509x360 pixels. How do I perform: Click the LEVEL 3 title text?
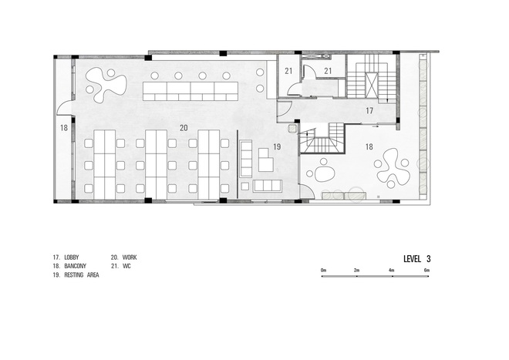[x=417, y=259]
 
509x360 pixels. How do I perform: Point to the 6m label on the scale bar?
[x=427, y=270]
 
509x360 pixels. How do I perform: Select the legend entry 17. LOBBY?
[x=66, y=257]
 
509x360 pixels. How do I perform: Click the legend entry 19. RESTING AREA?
[x=76, y=275]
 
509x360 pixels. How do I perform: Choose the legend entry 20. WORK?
[x=123, y=257]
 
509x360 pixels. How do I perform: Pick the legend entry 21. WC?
[x=121, y=266]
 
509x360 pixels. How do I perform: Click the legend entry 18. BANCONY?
[x=69, y=266]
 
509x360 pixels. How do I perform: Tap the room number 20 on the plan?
[x=184, y=128]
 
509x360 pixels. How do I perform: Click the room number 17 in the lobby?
[x=369, y=111]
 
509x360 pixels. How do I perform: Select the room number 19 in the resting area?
[x=277, y=146]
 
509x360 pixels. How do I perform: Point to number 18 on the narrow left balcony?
[x=64, y=128]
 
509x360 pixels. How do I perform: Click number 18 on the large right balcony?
[x=369, y=146]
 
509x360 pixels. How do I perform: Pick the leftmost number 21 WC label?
[x=288, y=71]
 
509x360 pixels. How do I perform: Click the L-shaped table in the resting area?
[x=265, y=160]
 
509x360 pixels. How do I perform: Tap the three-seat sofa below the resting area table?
[x=267, y=186]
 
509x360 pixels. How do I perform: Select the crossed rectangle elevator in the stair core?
[x=372, y=86]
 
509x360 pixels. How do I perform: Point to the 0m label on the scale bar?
[x=323, y=270]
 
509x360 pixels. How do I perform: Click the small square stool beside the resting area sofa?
[x=245, y=186]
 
